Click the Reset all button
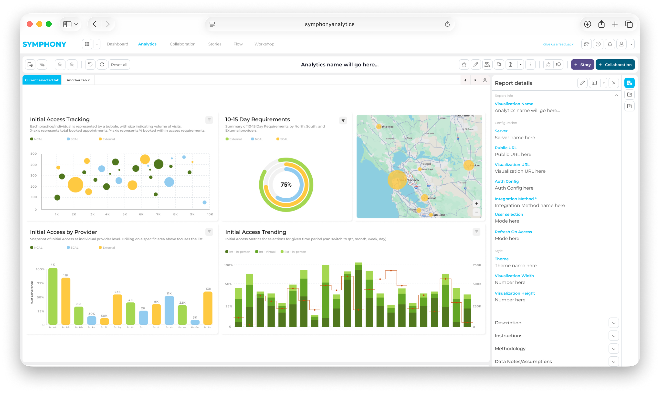click(x=119, y=65)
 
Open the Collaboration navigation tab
click(x=182, y=44)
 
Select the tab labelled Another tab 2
click(x=78, y=80)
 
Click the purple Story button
click(x=582, y=65)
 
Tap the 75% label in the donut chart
click(x=286, y=185)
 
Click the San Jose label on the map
click(x=439, y=215)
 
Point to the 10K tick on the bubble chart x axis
click(x=210, y=214)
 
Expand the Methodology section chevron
click(x=613, y=349)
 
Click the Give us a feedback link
click(x=558, y=44)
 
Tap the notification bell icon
click(x=610, y=44)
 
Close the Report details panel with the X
click(x=613, y=83)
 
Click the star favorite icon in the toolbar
click(x=464, y=65)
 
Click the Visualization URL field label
click(x=512, y=164)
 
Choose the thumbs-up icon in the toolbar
click(x=548, y=65)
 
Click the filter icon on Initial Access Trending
click(x=476, y=232)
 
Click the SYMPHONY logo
click(x=44, y=44)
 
